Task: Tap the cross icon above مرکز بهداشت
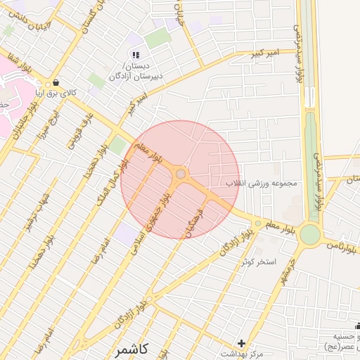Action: [x=241, y=343]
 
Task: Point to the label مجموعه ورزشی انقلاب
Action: [x=262, y=184]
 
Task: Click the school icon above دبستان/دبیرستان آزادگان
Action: [x=136, y=55]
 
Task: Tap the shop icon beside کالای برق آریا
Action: [x=56, y=82]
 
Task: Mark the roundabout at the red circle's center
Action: [x=181, y=173]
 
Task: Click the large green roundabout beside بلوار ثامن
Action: [x=309, y=235]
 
